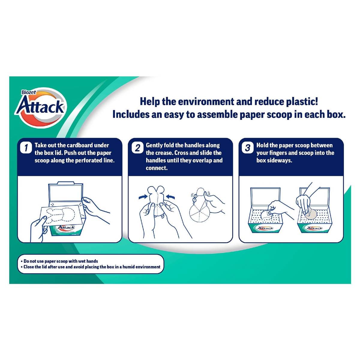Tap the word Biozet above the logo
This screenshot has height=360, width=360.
click(29, 93)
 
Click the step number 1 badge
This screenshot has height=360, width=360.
click(27, 148)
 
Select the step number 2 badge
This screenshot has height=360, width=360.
click(137, 148)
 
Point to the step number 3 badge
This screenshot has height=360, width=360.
click(248, 148)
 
